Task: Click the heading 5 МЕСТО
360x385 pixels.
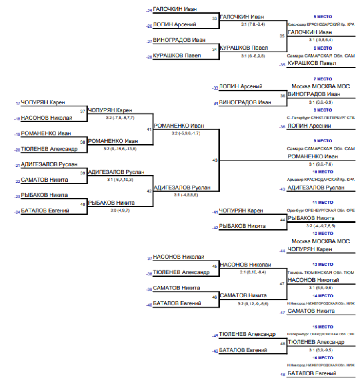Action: pyautogui.click(x=322, y=17)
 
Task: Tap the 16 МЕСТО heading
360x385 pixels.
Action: pyautogui.click(x=322, y=358)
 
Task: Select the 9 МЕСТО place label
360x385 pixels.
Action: pyautogui.click(x=322, y=141)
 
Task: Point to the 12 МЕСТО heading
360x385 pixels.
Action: pyautogui.click(x=322, y=233)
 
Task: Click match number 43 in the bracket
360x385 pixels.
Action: pyautogui.click(x=215, y=160)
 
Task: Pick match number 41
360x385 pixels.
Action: pyautogui.click(x=149, y=129)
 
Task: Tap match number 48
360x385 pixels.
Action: pyautogui.click(x=282, y=343)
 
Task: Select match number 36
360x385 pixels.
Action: pyautogui.click(x=282, y=96)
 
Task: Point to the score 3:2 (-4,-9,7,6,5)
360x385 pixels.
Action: pyautogui.click(x=321, y=226)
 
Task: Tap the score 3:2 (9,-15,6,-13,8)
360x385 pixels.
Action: pyautogui.click(x=120, y=148)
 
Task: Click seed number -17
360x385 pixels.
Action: pyautogui.click(x=17, y=104)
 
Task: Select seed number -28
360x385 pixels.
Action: pyautogui.click(x=149, y=57)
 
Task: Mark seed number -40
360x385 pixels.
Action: pyautogui.click(x=149, y=305)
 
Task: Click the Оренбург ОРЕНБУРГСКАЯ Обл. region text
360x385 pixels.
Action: pyautogui.click(x=321, y=211)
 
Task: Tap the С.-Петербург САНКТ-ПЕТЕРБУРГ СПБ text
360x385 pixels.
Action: pyautogui.click(x=321, y=118)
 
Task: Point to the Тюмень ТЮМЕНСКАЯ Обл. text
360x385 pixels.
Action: pyautogui.click(x=321, y=273)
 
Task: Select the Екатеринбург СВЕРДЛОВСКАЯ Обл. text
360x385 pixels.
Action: pyautogui.click(x=321, y=334)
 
